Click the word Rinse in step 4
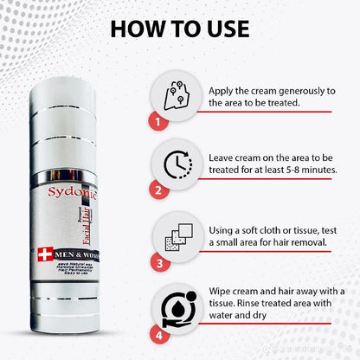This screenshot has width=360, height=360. click(254, 303)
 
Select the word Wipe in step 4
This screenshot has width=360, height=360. click(222, 289)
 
